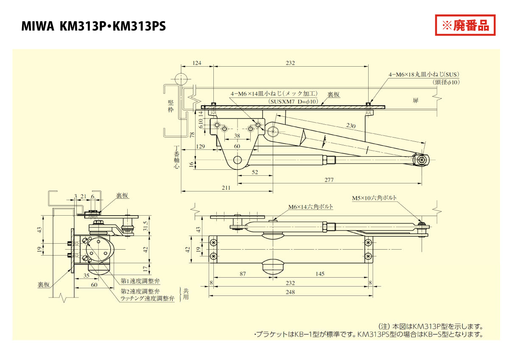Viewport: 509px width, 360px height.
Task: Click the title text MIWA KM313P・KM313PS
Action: (x=93, y=27)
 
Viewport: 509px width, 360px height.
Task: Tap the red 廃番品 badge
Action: (x=465, y=25)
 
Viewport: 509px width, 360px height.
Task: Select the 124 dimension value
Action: (x=197, y=63)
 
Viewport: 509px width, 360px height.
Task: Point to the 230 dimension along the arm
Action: (x=350, y=126)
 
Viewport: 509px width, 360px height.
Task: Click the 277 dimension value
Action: (x=329, y=180)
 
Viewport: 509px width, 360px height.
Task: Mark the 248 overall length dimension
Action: (x=291, y=292)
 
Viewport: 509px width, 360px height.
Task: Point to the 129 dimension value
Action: (x=201, y=146)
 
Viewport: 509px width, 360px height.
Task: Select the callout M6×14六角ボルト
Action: (x=310, y=207)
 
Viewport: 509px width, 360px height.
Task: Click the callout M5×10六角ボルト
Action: (x=375, y=198)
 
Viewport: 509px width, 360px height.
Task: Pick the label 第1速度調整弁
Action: (x=140, y=281)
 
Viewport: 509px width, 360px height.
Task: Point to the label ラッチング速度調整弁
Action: (x=147, y=299)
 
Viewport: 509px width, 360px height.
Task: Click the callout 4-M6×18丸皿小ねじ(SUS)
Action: (x=424, y=74)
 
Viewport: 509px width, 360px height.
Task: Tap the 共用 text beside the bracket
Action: (x=186, y=293)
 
